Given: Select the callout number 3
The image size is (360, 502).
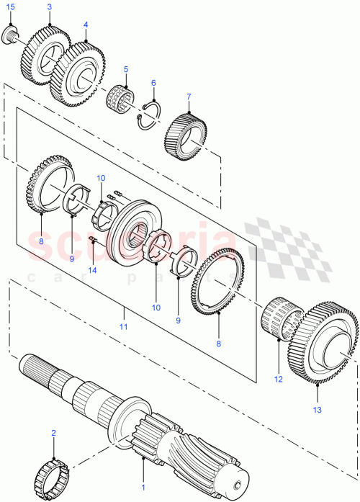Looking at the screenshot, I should click(x=49, y=7).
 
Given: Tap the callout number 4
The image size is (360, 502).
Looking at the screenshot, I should click(x=85, y=24).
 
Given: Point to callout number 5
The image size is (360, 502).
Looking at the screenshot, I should click(x=125, y=70).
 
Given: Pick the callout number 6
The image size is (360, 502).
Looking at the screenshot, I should click(x=153, y=84).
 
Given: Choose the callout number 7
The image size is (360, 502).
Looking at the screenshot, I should click(x=189, y=97).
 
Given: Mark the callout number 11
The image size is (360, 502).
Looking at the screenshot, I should click(x=123, y=327).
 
